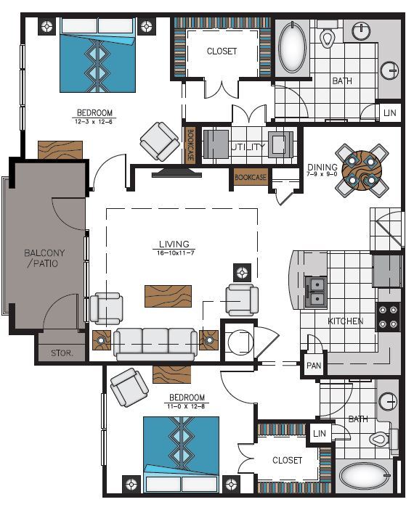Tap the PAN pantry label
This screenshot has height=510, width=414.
(x=313, y=366)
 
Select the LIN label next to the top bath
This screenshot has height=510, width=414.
(x=390, y=113)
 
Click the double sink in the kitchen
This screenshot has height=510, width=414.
(x=316, y=292)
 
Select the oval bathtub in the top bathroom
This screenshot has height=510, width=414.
(x=293, y=49)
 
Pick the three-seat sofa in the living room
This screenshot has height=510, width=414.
(x=155, y=342)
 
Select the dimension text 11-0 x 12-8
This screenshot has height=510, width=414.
(x=187, y=407)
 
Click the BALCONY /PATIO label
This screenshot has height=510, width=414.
(x=41, y=258)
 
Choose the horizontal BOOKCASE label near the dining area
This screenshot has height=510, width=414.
(x=251, y=177)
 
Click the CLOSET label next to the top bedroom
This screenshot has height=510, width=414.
(x=222, y=52)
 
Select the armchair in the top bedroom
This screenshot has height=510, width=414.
(x=160, y=141)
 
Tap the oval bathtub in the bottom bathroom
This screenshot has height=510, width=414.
(x=365, y=479)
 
